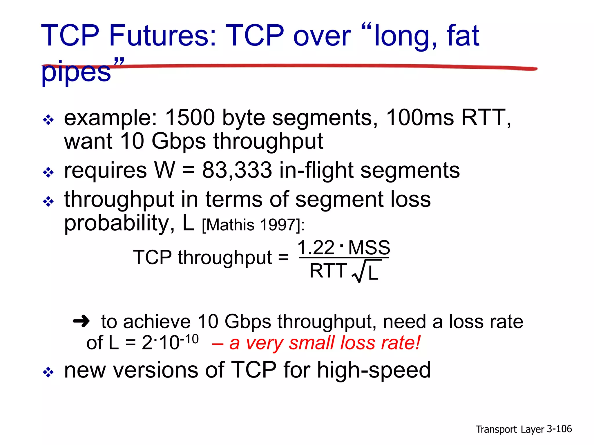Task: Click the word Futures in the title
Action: [x=162, y=35]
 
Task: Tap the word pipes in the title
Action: [x=76, y=72]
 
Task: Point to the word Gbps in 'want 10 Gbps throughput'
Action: [x=179, y=141]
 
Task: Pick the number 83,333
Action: [x=237, y=170]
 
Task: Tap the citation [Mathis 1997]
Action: [x=253, y=225]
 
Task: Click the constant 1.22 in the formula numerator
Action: [x=316, y=248]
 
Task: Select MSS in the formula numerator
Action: [x=369, y=248]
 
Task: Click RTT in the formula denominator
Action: [x=328, y=271]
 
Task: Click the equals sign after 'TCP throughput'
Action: [x=283, y=257]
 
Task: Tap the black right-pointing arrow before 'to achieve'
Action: [x=81, y=321]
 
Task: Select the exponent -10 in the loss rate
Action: [x=189, y=339]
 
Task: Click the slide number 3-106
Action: [x=559, y=429]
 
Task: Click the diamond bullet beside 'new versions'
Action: [x=48, y=372]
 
